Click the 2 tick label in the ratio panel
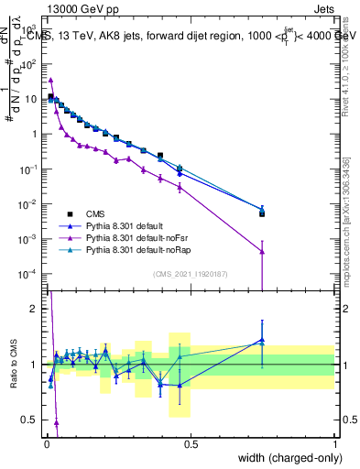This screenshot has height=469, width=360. [34, 309]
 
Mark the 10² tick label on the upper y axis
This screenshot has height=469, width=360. [27, 64]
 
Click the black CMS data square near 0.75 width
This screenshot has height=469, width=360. [262, 213]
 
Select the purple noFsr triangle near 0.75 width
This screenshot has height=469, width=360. [262, 251]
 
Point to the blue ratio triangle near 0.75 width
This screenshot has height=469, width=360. [262, 340]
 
